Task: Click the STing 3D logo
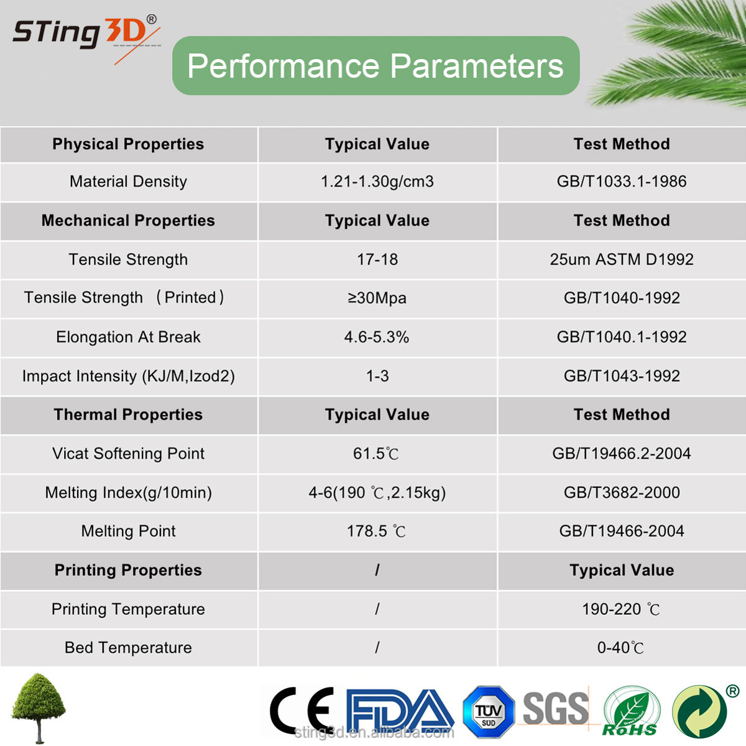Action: (x=86, y=39)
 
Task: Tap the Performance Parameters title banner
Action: (x=375, y=66)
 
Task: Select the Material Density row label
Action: (x=128, y=182)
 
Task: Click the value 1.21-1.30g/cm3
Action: (x=377, y=182)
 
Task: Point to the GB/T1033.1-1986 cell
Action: (x=621, y=182)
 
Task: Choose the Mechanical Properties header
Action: (x=128, y=221)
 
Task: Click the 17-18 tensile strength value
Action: (x=377, y=259)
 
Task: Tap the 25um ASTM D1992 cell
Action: (x=621, y=259)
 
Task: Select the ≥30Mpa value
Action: (x=377, y=298)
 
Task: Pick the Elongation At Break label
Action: (x=128, y=337)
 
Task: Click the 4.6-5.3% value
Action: (x=377, y=337)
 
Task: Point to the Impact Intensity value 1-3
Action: (x=377, y=376)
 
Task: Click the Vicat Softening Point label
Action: (x=128, y=454)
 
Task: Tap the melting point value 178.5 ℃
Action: (x=376, y=531)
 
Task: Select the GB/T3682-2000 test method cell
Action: (x=621, y=492)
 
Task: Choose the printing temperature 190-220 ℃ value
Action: (x=621, y=609)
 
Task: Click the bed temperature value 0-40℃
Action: (x=620, y=648)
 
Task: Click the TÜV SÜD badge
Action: (x=489, y=712)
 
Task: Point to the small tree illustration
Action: (x=39, y=708)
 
